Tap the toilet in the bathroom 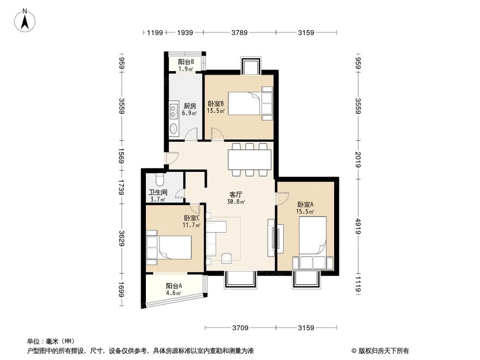161,180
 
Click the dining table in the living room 250,159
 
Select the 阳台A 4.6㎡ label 173,289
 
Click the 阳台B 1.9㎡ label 186,65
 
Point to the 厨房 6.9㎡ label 190,109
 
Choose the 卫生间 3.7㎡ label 157,196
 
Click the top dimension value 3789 240,33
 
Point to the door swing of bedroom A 282,198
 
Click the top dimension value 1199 155,33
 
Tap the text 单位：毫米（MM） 49,341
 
